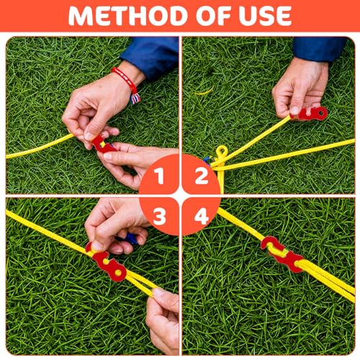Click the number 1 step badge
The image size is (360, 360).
coord(158,176)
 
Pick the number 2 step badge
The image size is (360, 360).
coord(201,176)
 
